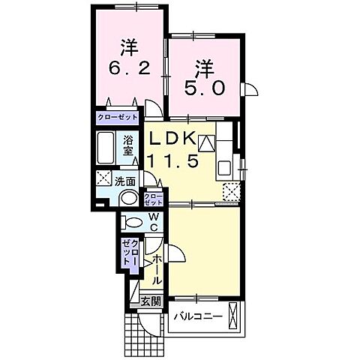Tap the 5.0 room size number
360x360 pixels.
(204, 88)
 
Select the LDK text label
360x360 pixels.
(172, 138)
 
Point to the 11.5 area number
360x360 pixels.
(173, 160)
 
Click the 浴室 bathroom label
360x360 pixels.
(127, 147)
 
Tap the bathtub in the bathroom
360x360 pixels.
(106, 148)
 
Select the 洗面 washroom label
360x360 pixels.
(125, 182)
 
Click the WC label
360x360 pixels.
(154, 222)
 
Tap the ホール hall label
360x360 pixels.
(157, 269)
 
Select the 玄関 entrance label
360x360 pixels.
(150, 302)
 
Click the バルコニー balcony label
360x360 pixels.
(198, 317)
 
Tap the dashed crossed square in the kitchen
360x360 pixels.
(232, 191)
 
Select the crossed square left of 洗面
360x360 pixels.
(103, 178)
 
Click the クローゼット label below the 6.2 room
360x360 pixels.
(117, 117)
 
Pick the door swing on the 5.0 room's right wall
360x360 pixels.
(250, 89)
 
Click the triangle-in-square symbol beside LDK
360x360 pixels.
(206, 143)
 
